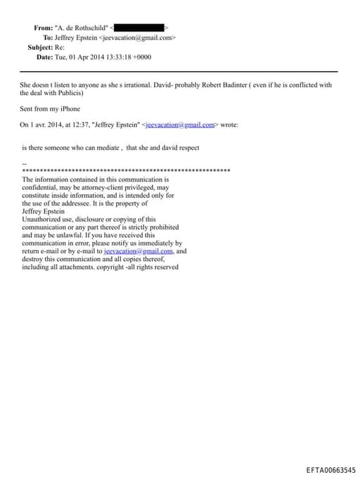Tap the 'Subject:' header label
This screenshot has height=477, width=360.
[x=39, y=47]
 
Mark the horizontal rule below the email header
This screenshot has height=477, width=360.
[x=179, y=72]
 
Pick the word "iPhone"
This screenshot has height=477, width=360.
[x=68, y=109]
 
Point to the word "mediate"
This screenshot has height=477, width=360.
[x=105, y=148]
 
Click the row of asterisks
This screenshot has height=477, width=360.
[x=127, y=171]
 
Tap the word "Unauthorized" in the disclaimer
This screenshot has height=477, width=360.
[x=42, y=220]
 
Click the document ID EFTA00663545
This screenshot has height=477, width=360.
[x=330, y=469]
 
